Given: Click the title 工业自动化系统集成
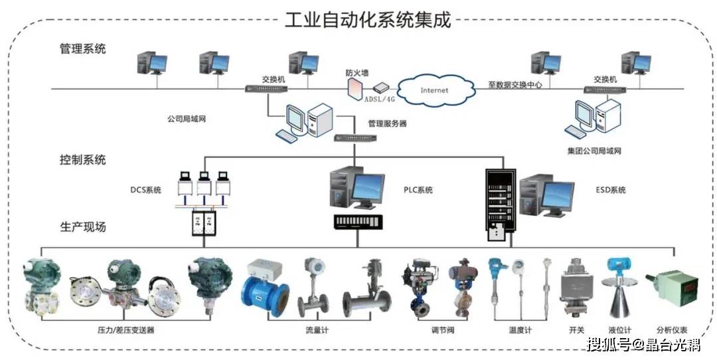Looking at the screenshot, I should pyautogui.click(x=367, y=19).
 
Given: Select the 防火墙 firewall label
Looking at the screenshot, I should pyautogui.click(x=357, y=72).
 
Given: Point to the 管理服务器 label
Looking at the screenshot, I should pyautogui.click(x=387, y=124).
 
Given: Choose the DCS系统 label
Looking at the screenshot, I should pyautogui.click(x=145, y=191).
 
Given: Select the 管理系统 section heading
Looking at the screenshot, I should pyautogui.click(x=82, y=48).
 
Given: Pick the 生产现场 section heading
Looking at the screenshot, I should pyautogui.click(x=82, y=227).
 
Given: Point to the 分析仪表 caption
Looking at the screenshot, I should pyautogui.click(x=671, y=330).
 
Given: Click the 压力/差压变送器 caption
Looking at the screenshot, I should pyautogui.click(x=125, y=330).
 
